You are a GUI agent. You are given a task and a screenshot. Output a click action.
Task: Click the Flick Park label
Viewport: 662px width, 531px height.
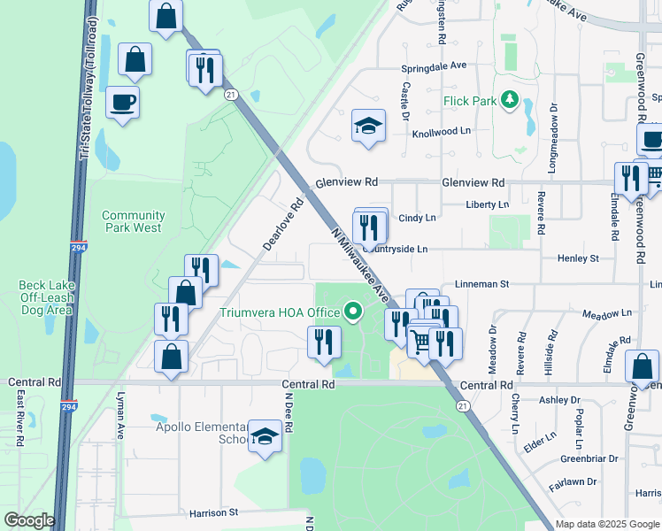click(x=470, y=101)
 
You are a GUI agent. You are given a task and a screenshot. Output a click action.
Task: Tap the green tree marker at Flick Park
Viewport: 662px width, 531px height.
click(x=509, y=100)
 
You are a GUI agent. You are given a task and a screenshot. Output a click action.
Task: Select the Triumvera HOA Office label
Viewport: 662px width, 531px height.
click(x=281, y=312)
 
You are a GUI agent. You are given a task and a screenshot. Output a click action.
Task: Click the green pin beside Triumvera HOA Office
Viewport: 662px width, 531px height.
click(x=354, y=312)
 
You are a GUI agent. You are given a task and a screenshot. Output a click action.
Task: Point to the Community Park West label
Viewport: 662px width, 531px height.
click(x=133, y=221)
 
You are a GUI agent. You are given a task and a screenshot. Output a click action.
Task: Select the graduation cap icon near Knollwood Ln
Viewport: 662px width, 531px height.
click(x=368, y=125)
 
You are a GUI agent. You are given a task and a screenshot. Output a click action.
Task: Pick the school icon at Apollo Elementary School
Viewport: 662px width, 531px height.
click(x=264, y=436)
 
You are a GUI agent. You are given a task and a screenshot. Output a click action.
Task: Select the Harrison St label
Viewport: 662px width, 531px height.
click(x=214, y=512)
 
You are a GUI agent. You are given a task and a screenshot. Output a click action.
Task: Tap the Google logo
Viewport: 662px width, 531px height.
click(x=29, y=520)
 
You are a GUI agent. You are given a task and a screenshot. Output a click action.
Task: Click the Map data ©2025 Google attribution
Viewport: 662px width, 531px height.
click(x=607, y=524)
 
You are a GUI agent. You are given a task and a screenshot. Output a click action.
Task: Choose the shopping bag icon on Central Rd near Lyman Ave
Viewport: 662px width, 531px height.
click(x=172, y=358)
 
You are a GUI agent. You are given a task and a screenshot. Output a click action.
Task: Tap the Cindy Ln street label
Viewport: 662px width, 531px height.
click(x=418, y=218)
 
